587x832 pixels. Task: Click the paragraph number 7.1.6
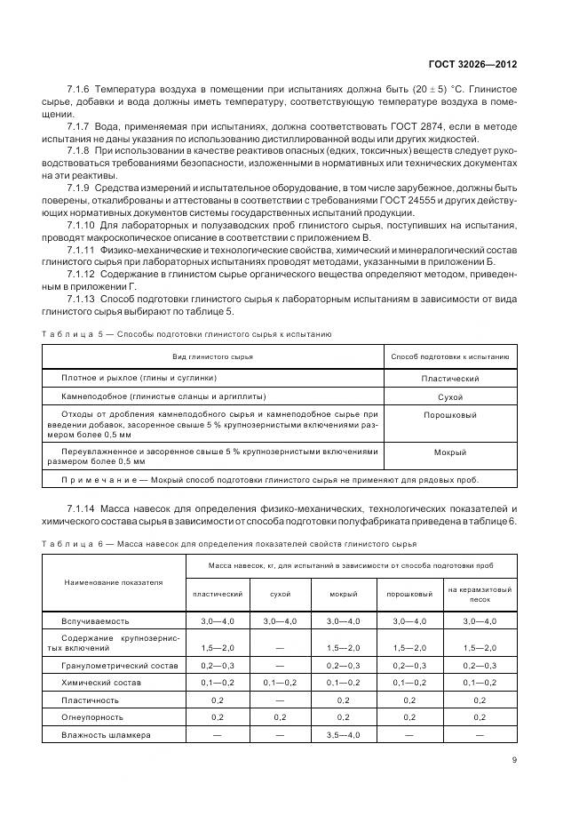(81, 91)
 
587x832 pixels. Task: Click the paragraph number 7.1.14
(83, 508)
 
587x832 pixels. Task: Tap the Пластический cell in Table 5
(450, 380)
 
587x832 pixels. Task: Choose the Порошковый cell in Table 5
(450, 415)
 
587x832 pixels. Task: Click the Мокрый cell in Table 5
(450, 452)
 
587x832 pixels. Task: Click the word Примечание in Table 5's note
(97, 480)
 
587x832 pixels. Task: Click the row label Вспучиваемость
(94, 620)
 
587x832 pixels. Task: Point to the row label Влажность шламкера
(106, 735)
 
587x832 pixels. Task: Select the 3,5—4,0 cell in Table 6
(344, 735)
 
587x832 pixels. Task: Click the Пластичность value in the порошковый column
(409, 700)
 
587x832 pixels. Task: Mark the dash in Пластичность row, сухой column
(279, 700)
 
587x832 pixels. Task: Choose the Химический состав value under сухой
(279, 683)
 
